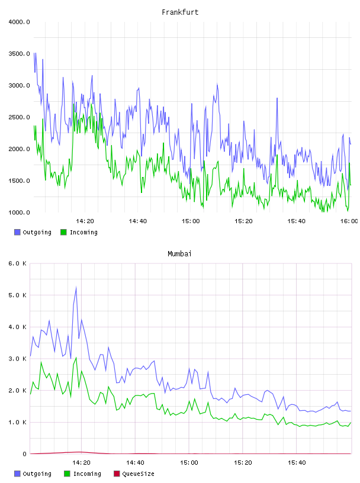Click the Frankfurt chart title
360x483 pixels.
tap(180, 12)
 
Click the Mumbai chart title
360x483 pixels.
tap(179, 253)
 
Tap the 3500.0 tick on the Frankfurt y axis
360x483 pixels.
tap(19, 54)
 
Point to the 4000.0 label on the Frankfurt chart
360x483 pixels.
tap(19, 22)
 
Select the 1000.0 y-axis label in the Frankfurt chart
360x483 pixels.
tap(19, 212)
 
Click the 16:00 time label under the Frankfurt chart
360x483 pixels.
tap(349, 221)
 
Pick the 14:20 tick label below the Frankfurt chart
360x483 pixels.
tap(85, 221)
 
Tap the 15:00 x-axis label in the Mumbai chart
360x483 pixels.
tap(189, 462)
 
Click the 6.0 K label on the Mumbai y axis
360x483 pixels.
tap(17, 263)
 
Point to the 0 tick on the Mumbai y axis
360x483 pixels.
tap(24, 454)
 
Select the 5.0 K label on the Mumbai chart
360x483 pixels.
tap(17, 295)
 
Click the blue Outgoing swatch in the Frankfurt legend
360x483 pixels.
tap(17, 232)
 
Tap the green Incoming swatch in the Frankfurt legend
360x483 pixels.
tap(63, 232)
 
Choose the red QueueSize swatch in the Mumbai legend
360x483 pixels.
tap(117, 474)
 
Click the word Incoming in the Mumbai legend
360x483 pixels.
tap(87, 474)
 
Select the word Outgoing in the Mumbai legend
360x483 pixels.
tap(37, 474)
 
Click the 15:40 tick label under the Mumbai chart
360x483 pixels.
tap(297, 462)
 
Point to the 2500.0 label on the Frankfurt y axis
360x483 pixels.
tap(19, 117)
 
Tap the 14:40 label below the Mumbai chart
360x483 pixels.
tap(135, 462)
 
